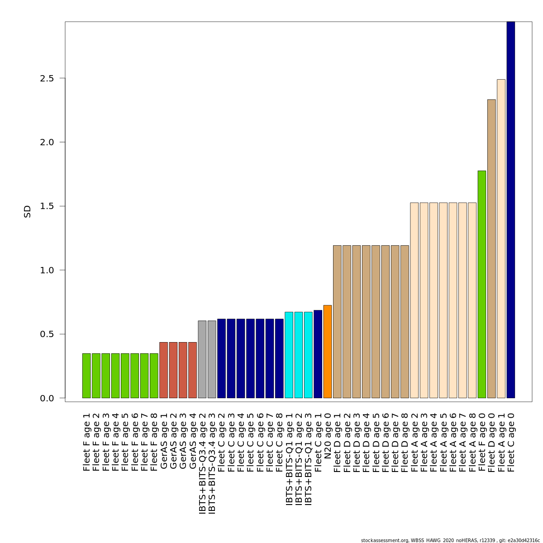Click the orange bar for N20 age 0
pyautogui.click(x=328, y=352)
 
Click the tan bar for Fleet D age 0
pyautogui.click(x=491, y=249)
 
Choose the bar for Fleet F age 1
pyautogui.click(x=86, y=376)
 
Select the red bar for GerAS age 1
pyautogui.click(x=164, y=370)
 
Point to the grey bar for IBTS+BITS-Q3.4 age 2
pyautogui.click(x=202, y=359)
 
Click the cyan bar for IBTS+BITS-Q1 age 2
pyautogui.click(x=299, y=355)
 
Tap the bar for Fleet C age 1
pyautogui.click(x=318, y=354)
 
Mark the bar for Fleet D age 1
pyautogui.click(x=337, y=322)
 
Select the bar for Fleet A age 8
pyautogui.click(x=472, y=300)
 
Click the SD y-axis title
pyautogui.click(x=28, y=211)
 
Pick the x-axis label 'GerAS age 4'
pyautogui.click(x=193, y=441)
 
